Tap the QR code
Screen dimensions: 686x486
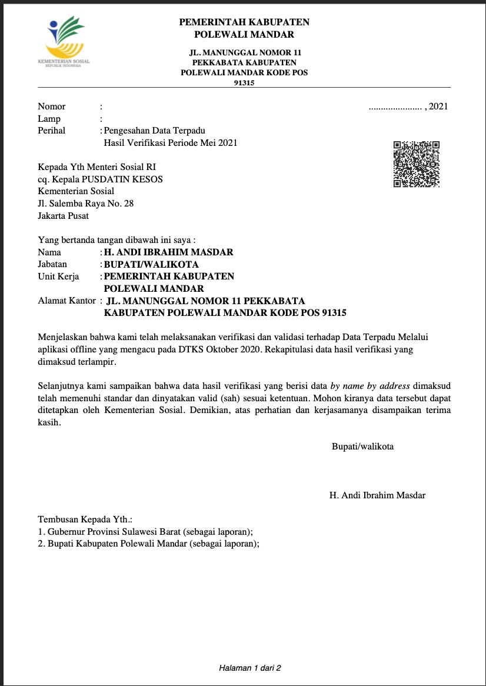tap(417, 164)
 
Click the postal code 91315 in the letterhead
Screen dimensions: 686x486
tap(244, 83)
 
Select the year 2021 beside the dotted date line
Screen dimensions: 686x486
tap(439, 106)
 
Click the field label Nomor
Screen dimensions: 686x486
tap(52, 106)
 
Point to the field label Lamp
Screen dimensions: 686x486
tap(49, 119)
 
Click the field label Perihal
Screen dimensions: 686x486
tap(52, 131)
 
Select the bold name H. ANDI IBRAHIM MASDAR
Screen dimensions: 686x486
tap(168, 252)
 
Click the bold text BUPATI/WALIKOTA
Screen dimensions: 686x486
tap(151, 264)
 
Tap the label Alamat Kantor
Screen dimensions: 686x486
tap(66, 301)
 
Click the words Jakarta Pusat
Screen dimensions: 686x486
tap(64, 216)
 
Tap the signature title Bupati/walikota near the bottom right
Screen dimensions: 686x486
tap(363, 446)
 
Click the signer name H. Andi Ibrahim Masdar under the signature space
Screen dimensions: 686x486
tap(377, 495)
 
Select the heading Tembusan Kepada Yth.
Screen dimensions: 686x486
tap(85, 520)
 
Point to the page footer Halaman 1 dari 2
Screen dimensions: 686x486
tap(250, 668)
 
